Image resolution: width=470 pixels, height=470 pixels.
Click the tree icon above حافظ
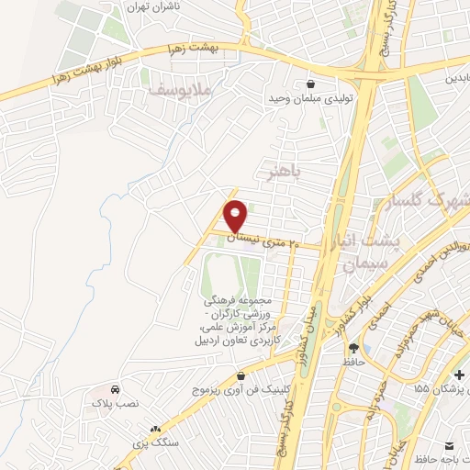(353, 348)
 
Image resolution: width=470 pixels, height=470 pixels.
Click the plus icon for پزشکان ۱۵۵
(458, 375)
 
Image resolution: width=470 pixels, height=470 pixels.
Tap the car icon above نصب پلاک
(114, 388)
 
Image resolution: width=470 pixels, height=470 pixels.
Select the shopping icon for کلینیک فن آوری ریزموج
(241, 376)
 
